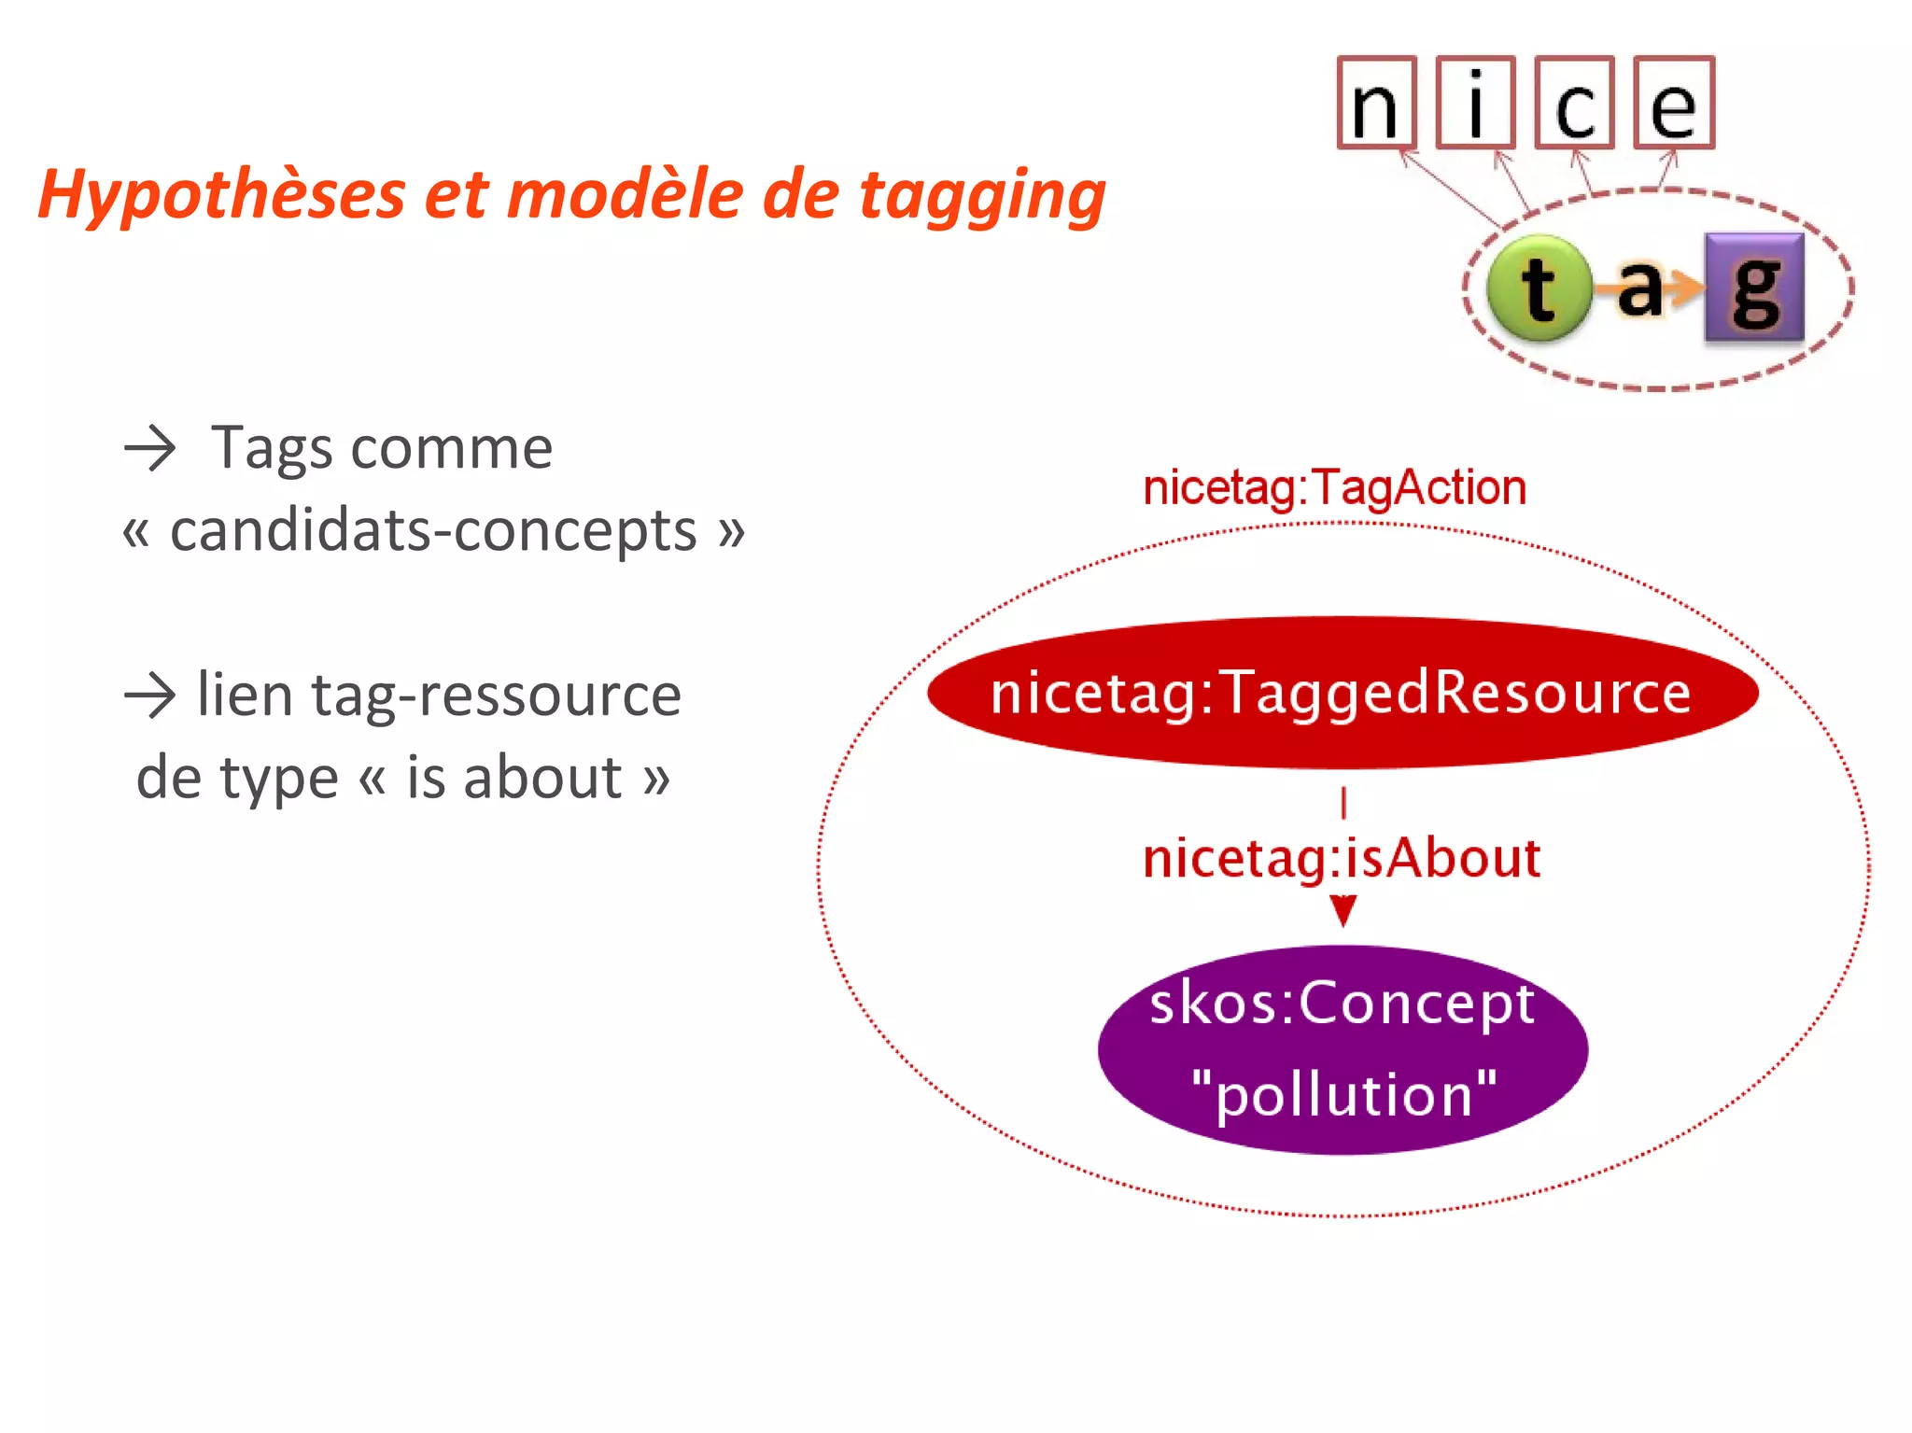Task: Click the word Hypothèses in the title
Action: click(x=222, y=195)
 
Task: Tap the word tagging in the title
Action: click(x=982, y=195)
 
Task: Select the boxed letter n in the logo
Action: click(x=1376, y=103)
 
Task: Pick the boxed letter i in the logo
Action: click(x=1475, y=103)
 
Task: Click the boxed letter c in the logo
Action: click(x=1574, y=103)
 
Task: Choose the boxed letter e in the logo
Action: click(x=1674, y=103)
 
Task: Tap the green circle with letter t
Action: click(x=1539, y=288)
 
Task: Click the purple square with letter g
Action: click(x=1754, y=288)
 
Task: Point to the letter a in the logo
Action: click(x=1640, y=288)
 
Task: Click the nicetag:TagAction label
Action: click(x=1334, y=488)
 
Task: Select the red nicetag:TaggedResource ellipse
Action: click(x=1342, y=692)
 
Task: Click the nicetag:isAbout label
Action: click(x=1342, y=858)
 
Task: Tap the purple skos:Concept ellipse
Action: click(x=1343, y=1050)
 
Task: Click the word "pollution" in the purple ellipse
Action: click(x=1343, y=1094)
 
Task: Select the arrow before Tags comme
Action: click(x=149, y=448)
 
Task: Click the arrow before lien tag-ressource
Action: click(x=149, y=696)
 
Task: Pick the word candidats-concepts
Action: click(x=433, y=530)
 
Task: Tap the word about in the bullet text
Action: click(x=542, y=777)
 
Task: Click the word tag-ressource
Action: click(x=496, y=696)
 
